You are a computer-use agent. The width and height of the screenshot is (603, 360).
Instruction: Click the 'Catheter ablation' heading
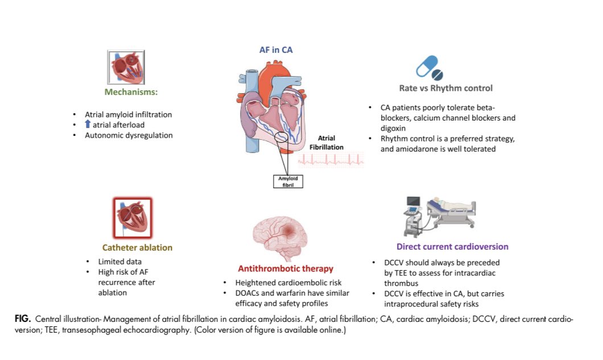137,247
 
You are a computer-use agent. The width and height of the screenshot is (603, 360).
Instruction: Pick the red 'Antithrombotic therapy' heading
285,268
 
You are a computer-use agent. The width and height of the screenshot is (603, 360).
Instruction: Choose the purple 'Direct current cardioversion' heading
452,247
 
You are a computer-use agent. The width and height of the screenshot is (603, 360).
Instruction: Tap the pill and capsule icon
429,67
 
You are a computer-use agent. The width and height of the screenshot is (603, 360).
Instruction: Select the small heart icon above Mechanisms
126,67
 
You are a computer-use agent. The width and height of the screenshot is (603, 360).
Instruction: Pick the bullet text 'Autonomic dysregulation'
129,135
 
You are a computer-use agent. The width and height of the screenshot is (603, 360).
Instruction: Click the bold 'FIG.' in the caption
22,319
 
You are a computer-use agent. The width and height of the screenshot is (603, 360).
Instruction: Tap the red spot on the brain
291,229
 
